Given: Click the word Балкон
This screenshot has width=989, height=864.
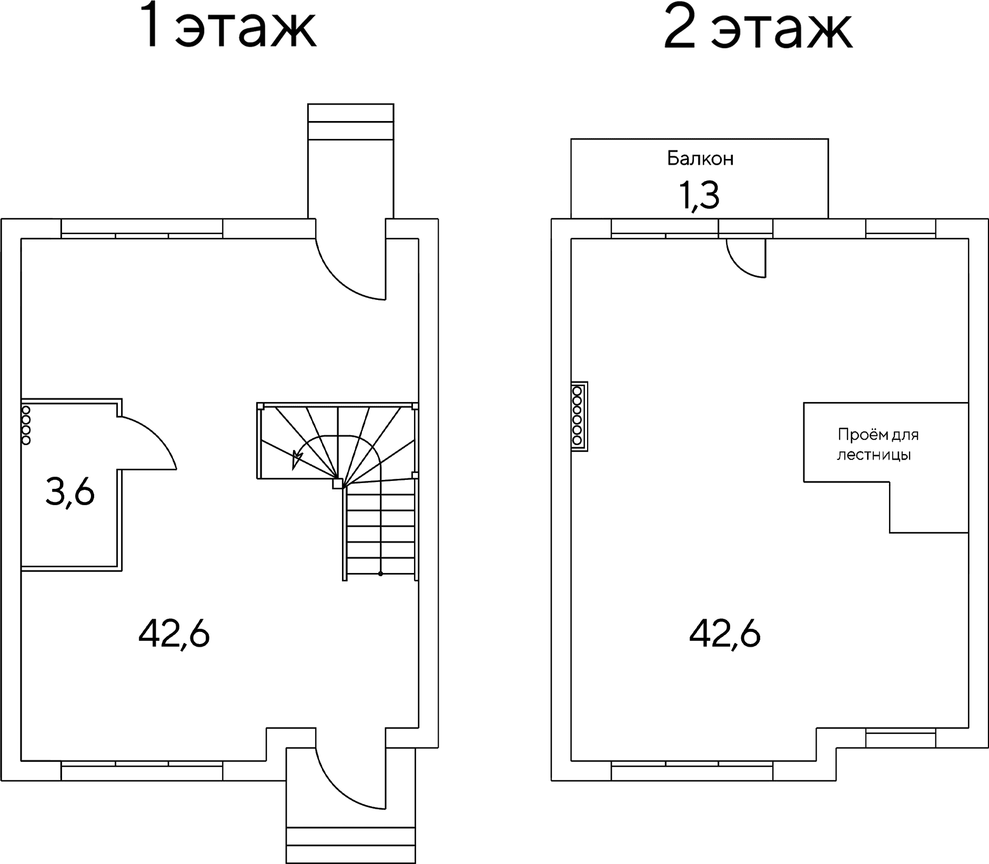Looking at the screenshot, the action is (x=700, y=158).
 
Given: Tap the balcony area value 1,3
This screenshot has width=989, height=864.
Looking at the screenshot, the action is (x=700, y=196).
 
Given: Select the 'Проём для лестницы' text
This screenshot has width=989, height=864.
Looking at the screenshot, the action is (x=878, y=445).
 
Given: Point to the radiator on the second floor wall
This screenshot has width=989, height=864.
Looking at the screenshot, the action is (x=579, y=416).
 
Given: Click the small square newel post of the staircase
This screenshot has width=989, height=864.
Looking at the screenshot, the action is (x=338, y=484).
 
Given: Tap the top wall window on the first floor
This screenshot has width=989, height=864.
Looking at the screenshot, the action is (x=142, y=228).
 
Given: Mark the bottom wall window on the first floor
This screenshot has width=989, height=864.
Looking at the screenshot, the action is (x=142, y=771).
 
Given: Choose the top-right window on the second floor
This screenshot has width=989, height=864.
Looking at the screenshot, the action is (x=901, y=228).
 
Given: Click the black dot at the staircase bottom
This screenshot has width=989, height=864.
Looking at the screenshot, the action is (x=380, y=574).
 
